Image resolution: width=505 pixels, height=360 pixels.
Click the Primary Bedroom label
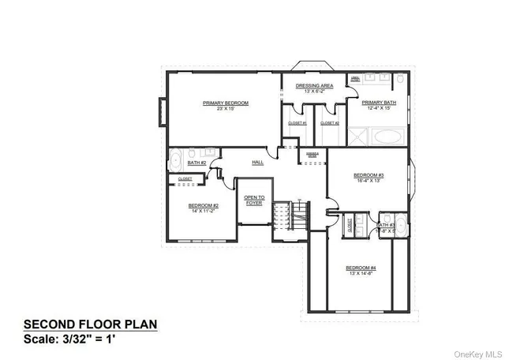(x=226, y=103)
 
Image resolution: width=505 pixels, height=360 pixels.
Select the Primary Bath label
(x=379, y=103)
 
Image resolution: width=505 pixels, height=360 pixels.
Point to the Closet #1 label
(x=297, y=123)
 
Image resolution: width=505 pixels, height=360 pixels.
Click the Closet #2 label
(x=330, y=123)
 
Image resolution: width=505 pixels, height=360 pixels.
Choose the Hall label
(x=257, y=163)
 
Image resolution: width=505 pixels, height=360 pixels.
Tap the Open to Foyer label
(x=253, y=200)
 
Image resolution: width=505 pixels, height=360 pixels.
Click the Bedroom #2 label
(x=203, y=205)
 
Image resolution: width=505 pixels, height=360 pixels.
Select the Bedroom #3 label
(x=368, y=175)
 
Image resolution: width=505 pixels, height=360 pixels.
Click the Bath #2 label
(x=196, y=163)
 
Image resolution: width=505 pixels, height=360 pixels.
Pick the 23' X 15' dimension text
(x=226, y=110)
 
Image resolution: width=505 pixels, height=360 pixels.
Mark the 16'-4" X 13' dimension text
(x=368, y=182)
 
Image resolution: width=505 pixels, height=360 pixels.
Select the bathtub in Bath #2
(x=174, y=158)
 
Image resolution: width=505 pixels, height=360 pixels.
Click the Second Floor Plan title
(x=91, y=324)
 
